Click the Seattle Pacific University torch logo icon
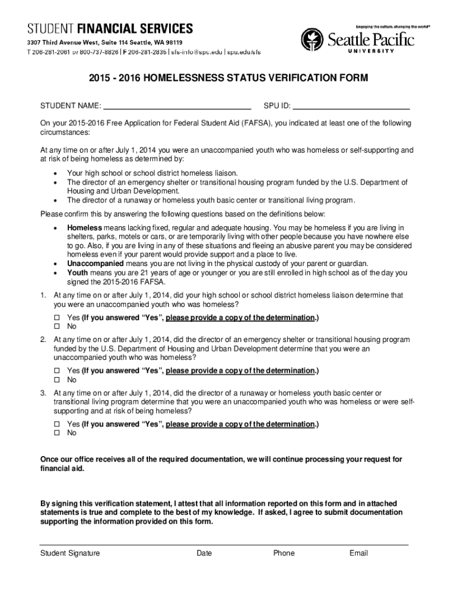click(x=313, y=40)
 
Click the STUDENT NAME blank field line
click(x=177, y=109)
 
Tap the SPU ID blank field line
click(x=351, y=109)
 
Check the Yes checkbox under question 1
click(x=58, y=318)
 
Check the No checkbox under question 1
click(x=58, y=327)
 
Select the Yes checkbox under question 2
click(x=58, y=371)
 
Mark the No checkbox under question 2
click(x=58, y=380)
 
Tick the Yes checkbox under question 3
click(x=58, y=425)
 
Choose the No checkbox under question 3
click(x=58, y=433)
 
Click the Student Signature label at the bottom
click(x=70, y=553)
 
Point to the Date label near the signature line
click(x=204, y=553)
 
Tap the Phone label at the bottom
click(x=284, y=553)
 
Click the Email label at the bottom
click(x=358, y=553)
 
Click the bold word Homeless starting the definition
click(x=84, y=228)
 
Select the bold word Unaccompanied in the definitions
click(x=95, y=263)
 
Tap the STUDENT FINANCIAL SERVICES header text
click(x=109, y=28)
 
